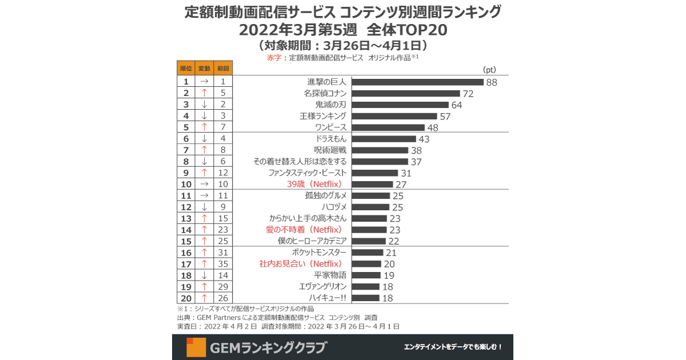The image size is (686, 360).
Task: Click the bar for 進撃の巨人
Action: (418, 82)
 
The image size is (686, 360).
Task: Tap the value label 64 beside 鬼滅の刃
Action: (456, 105)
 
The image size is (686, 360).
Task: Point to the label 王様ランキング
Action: (323, 116)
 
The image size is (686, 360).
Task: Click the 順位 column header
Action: (186, 68)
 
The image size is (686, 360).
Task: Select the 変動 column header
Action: (204, 68)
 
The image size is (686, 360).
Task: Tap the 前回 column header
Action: (223, 68)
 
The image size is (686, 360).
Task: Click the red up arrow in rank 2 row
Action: (204, 93)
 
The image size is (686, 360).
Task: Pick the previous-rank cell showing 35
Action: (223, 264)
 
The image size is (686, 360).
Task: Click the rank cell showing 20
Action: (186, 298)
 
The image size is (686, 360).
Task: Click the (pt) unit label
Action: (489, 70)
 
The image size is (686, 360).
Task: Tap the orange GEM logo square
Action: (196, 347)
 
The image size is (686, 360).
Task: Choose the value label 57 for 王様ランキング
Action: (445, 117)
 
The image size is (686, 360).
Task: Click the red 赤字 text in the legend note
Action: (274, 58)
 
